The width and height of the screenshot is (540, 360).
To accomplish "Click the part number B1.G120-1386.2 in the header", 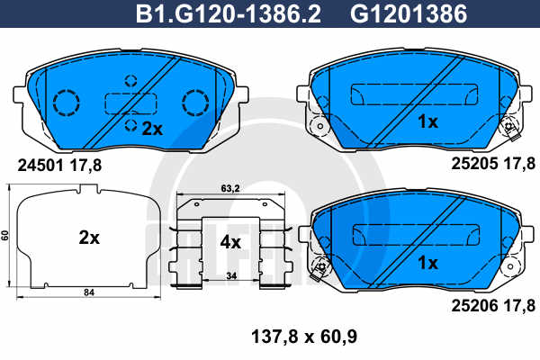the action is coord(229,13).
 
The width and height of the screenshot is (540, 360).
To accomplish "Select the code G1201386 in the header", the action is coord(409,13).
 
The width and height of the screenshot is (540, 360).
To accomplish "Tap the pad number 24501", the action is coord(40,166).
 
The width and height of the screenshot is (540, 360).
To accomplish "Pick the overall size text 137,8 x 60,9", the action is coord(304,337).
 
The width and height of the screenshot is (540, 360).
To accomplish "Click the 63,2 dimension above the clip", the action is coord(230,188).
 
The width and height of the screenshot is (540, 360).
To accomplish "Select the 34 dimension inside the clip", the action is coord(232,276).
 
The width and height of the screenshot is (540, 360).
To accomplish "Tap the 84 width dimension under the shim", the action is coord(89,292).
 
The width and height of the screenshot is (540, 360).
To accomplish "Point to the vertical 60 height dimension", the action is coord(5,235).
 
